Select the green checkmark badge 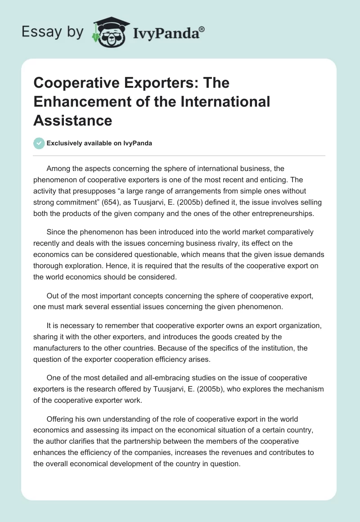tap(39, 143)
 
